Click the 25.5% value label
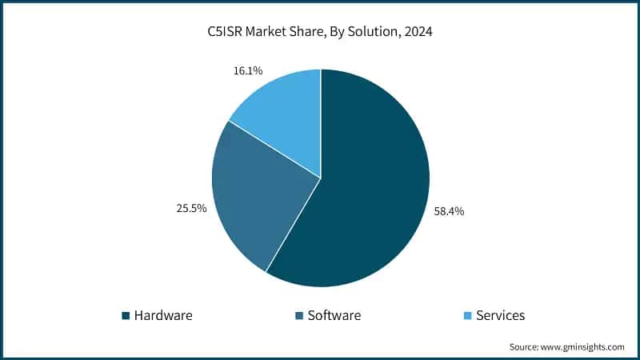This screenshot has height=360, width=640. click(x=192, y=208)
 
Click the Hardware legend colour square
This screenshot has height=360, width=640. click(x=126, y=316)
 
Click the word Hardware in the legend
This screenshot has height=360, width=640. click(x=163, y=315)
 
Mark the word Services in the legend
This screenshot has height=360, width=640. click(x=500, y=315)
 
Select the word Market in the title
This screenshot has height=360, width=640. click(x=263, y=33)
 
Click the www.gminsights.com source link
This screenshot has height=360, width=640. click(x=584, y=347)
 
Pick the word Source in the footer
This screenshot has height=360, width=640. click(x=525, y=347)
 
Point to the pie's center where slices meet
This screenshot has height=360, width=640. click(x=321, y=178)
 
